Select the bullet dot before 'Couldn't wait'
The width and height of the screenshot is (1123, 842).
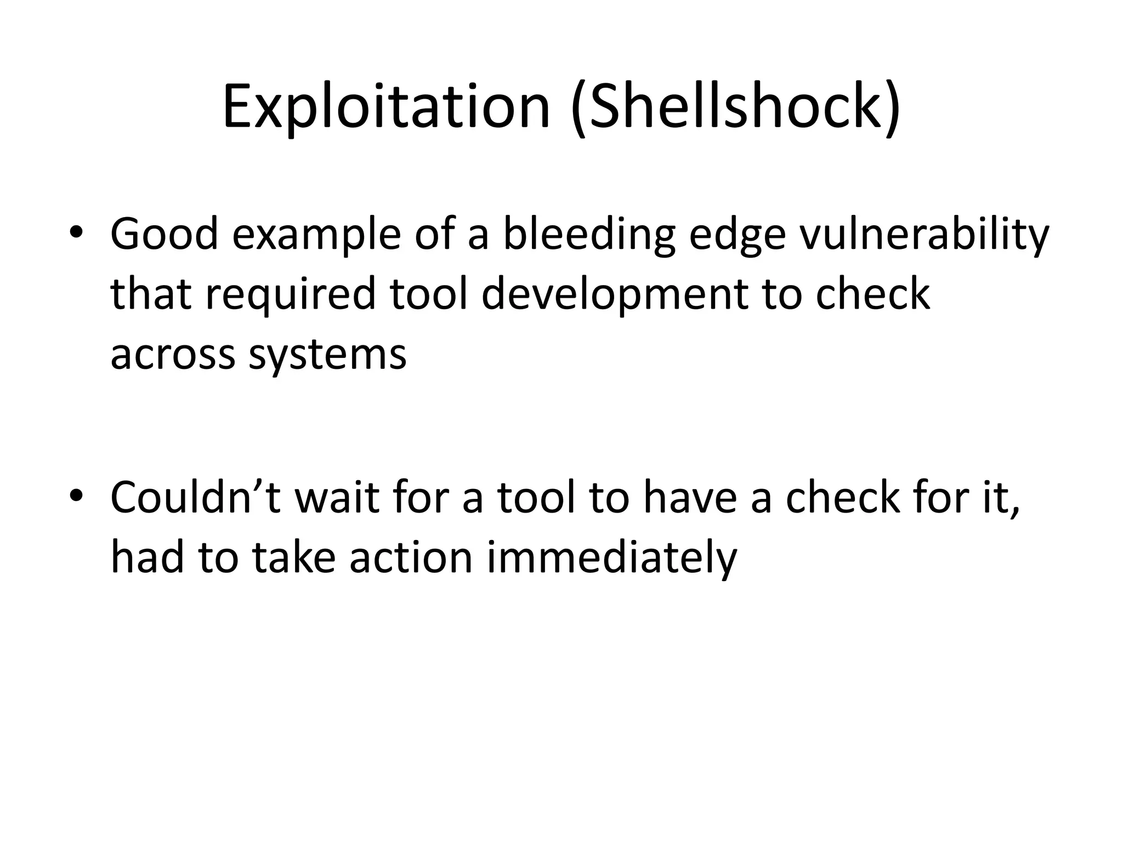[x=76, y=496]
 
